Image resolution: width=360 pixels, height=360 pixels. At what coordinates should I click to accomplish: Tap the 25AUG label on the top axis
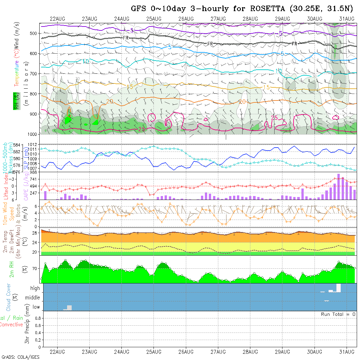(x=154, y=19)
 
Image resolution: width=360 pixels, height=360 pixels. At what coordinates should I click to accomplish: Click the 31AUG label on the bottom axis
(x=347, y=352)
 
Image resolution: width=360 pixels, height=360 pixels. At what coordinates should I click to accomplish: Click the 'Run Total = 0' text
(x=338, y=314)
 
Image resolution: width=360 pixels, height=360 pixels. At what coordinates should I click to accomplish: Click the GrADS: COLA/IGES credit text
(x=20, y=357)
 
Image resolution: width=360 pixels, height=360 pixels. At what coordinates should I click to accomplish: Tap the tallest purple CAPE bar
(x=339, y=187)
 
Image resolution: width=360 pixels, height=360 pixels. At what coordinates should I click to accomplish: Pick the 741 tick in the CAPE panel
(x=34, y=179)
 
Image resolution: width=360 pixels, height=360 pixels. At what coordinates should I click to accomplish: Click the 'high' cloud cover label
(x=35, y=288)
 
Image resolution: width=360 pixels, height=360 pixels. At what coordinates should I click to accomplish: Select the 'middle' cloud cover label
(x=33, y=298)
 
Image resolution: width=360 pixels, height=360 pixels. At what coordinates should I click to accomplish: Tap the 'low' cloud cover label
(x=36, y=307)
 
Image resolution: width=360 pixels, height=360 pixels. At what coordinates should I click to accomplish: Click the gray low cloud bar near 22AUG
(x=69, y=308)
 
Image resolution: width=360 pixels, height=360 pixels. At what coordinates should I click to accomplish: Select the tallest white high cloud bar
(x=338, y=288)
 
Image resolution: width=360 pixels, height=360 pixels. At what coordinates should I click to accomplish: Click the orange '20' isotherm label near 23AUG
(x=109, y=101)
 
